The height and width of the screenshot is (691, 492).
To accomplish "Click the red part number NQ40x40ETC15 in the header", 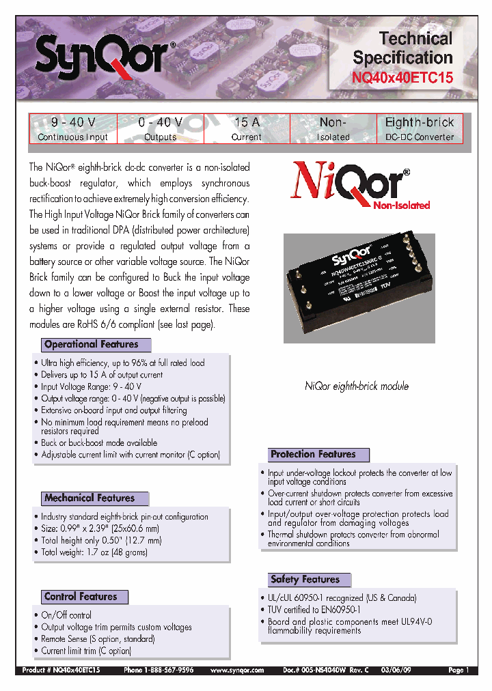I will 402,78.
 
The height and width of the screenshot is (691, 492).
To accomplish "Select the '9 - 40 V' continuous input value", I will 73,122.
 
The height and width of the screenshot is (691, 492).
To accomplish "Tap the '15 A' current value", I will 247,122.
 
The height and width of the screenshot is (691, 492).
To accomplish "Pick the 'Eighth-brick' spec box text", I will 420,122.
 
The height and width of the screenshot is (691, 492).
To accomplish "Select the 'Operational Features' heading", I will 91,345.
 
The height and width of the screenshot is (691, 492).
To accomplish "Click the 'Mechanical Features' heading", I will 90,498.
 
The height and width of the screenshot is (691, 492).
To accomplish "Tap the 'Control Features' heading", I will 81,597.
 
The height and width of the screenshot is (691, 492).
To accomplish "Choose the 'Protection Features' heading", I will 313,454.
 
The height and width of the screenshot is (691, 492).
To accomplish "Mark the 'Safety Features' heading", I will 305,580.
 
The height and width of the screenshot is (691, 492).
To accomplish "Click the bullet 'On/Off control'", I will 66,615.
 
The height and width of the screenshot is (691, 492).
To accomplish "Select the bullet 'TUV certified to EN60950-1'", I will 314,610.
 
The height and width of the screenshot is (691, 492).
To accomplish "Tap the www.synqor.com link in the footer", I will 237,671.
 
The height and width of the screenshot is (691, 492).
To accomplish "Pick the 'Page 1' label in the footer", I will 459,671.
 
